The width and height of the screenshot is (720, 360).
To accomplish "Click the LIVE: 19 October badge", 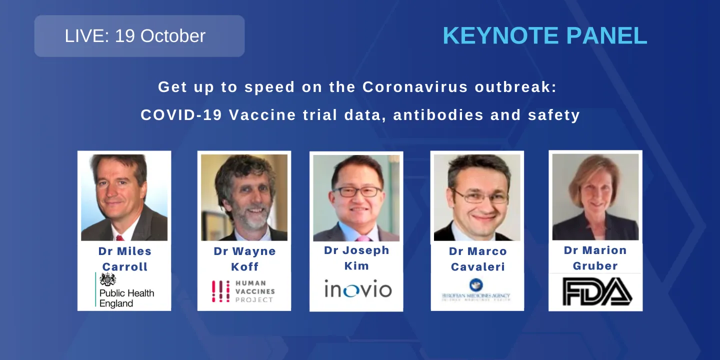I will point(139,36).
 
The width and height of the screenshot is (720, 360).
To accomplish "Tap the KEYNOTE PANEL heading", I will point(544,36).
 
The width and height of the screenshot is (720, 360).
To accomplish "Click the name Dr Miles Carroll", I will point(124,259).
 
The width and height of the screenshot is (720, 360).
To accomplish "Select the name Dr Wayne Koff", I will point(244,259).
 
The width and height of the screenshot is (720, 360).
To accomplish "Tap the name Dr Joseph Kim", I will point(356,258).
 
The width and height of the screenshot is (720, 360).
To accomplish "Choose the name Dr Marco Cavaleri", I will point(477,259).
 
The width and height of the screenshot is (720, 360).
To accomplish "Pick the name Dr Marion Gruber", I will point(595,258).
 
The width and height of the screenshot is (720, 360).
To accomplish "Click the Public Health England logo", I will point(124,290).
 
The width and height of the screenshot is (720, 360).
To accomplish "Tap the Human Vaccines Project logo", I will point(243,291).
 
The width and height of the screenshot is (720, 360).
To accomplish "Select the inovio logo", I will point(357,289).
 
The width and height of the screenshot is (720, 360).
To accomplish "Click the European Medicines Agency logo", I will point(475,290).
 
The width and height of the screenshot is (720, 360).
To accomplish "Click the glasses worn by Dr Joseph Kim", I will point(356,191).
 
